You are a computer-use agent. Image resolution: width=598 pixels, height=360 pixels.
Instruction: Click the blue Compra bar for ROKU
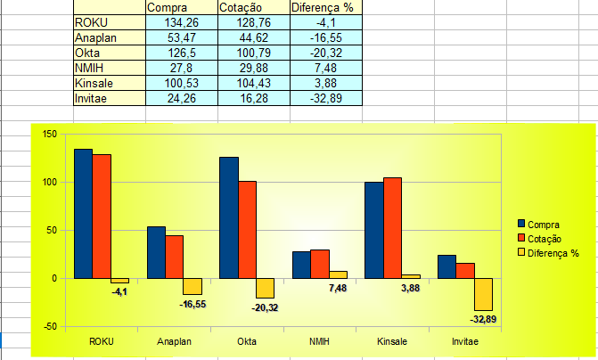click(x=83, y=214)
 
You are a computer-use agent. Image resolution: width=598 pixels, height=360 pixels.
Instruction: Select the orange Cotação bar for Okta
click(x=247, y=229)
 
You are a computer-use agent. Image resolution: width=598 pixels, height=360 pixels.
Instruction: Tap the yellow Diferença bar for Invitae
click(x=484, y=294)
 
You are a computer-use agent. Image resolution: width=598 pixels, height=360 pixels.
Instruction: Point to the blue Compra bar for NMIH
click(x=301, y=265)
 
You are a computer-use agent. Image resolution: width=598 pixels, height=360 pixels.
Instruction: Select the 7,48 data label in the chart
click(x=339, y=288)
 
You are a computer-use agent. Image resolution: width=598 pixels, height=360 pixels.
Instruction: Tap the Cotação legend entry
click(x=545, y=238)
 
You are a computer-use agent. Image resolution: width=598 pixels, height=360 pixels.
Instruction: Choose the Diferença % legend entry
click(x=553, y=252)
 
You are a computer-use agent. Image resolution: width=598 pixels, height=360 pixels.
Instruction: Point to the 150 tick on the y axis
click(x=48, y=135)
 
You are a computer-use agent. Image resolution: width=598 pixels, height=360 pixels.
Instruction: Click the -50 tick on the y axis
click(x=49, y=326)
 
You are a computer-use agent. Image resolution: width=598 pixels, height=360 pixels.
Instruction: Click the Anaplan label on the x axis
click(x=174, y=341)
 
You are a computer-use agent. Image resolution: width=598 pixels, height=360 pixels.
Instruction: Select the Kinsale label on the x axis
click(x=392, y=341)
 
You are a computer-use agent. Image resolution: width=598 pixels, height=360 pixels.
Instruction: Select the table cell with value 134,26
click(x=179, y=22)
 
